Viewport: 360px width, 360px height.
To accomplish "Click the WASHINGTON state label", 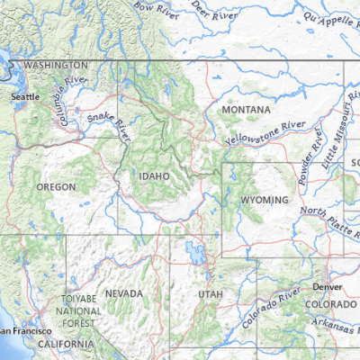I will click(56, 66).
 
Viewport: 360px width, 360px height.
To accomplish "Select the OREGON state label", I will click(56, 186).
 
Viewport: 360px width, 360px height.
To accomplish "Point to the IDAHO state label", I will click(154, 176).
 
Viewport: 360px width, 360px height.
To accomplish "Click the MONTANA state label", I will click(246, 110).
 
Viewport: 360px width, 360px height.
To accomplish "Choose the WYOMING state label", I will click(265, 199).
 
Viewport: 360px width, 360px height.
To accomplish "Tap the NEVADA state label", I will click(123, 294).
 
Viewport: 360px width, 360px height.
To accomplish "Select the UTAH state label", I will click(210, 294).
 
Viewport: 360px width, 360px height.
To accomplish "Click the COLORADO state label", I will click(330, 305).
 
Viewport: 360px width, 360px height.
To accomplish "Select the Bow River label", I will click(151, 11).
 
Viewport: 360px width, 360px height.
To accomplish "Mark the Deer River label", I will click(214, 14).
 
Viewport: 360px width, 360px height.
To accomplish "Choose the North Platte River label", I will click(328, 219).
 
